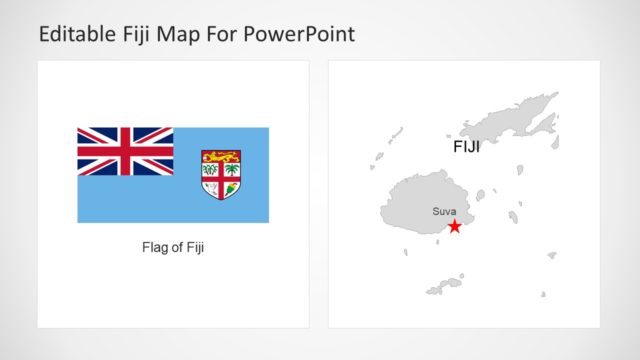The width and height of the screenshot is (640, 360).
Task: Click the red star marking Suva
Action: tap(455, 227)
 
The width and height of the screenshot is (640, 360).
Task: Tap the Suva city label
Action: tap(444, 211)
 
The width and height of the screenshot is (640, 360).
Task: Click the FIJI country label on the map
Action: tap(466, 147)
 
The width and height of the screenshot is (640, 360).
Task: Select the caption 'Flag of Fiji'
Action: tap(173, 247)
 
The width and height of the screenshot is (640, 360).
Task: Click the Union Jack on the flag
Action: tap(125, 151)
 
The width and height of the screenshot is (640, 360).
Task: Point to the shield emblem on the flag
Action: tap(221, 174)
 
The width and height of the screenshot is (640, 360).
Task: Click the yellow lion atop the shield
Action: tap(221, 156)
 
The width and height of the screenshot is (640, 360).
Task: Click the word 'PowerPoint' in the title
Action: tap(303, 35)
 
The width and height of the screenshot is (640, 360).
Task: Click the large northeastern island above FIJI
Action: tap(511, 120)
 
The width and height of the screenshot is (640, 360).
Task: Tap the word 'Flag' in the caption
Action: tap(154, 247)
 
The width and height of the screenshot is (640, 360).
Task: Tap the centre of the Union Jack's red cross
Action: tap(125, 151)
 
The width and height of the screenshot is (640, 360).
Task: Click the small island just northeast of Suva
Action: tap(482, 196)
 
